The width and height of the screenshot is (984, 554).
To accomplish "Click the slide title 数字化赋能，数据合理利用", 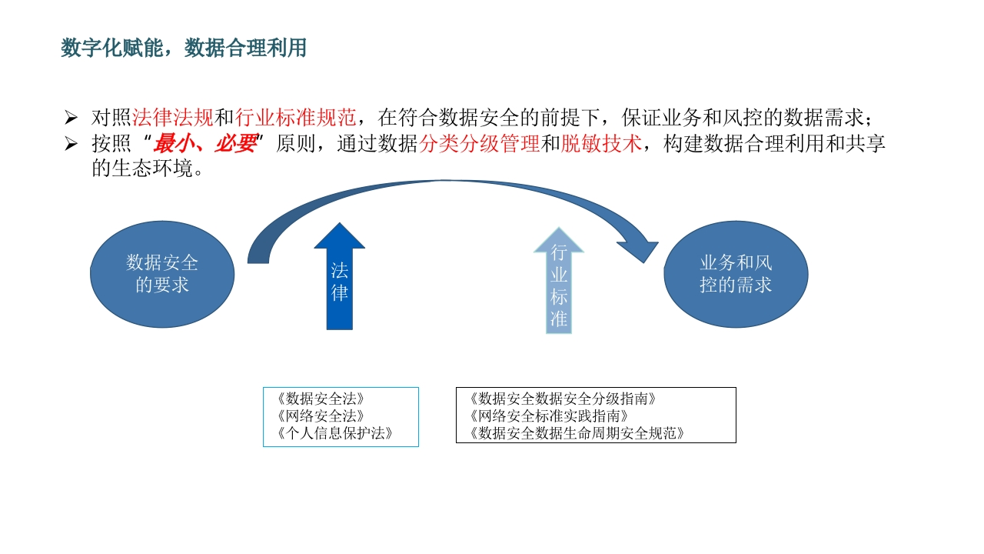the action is pos(184,48).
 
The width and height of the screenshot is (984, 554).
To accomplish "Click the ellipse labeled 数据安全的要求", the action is pos(162,274).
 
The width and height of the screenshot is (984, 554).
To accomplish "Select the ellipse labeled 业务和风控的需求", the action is pos(736,274).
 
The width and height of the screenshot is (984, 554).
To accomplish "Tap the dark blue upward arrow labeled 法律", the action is pos(340,276).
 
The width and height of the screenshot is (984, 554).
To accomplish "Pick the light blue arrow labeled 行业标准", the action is pos(559,281).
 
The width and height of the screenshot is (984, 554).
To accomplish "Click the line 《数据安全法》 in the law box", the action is pos(321,399).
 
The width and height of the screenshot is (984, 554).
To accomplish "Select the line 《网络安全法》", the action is pos(321,416).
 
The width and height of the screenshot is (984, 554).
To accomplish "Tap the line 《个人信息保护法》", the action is pos(334,433).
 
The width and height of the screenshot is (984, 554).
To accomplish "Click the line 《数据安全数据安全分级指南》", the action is pos(563,399).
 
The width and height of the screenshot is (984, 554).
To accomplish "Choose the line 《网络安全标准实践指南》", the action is pos(549,416).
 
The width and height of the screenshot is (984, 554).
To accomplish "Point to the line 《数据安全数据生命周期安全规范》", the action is pos(577,433).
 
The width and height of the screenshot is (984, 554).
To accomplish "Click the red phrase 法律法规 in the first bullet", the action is pos(173,118).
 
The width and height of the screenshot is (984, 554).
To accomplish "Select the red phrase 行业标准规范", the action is pos(295,118).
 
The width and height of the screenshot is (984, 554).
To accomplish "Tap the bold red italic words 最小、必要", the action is pos(204,143).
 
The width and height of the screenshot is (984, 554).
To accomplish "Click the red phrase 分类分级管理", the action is pos(479,143).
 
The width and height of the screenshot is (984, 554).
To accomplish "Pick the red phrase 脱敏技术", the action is pos(601,143).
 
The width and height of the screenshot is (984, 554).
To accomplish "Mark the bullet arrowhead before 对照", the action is pos(71,118).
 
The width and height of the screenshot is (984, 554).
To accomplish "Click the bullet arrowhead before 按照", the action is pos(71,144).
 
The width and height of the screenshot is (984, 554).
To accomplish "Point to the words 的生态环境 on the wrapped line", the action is pos(142,169).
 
